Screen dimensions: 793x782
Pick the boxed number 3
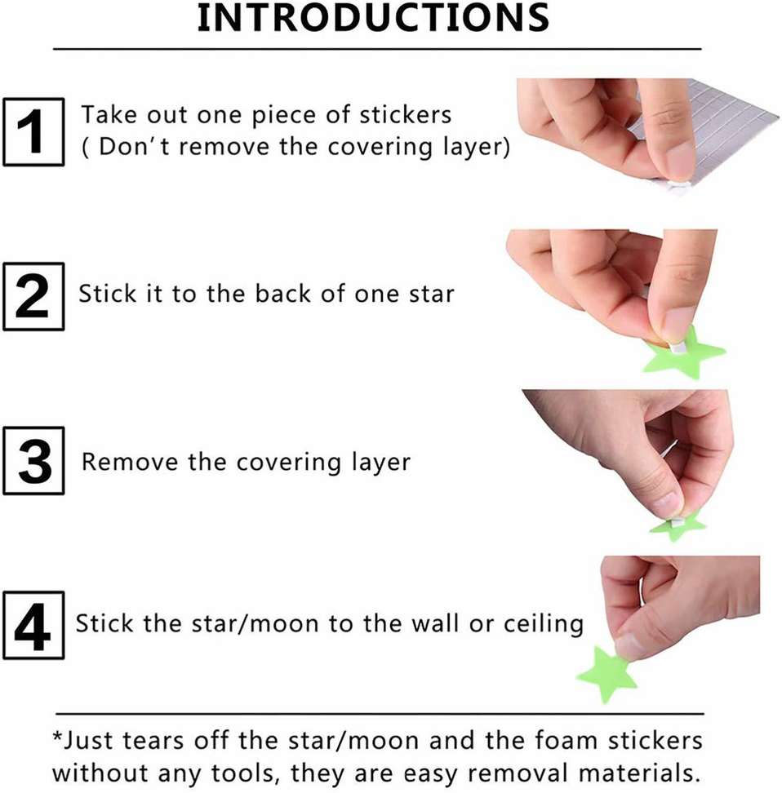(33, 462)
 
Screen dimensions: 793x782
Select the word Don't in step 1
(130, 148)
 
